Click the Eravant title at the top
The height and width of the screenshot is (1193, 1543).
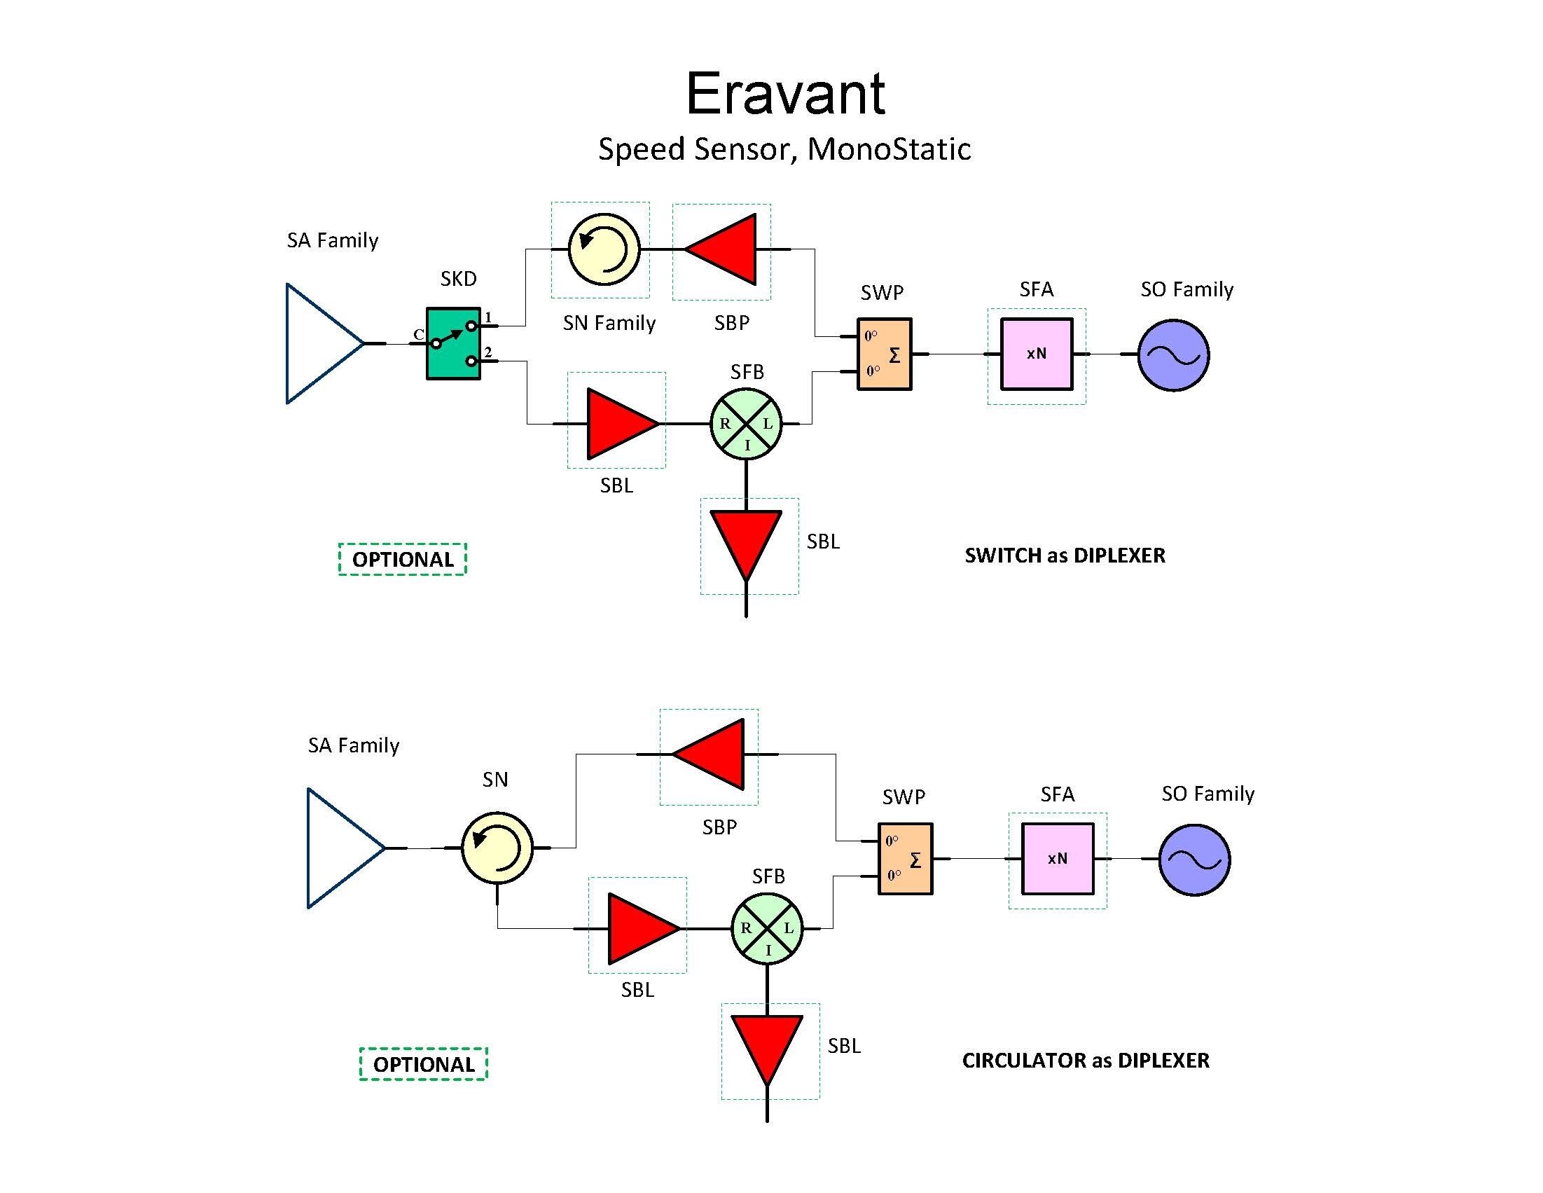pos(785,94)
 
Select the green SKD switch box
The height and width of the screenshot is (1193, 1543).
pos(454,343)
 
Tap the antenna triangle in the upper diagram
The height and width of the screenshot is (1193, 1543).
pos(318,343)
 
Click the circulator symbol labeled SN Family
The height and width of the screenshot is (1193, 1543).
pos(604,249)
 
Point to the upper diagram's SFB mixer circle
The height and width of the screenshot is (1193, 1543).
pos(746,424)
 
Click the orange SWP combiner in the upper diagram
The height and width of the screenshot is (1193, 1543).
pos(885,354)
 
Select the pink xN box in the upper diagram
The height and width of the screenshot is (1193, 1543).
pos(1037,354)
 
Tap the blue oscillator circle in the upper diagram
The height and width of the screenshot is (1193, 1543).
pos(1173,355)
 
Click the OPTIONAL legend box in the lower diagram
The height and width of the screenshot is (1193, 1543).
pos(423,1063)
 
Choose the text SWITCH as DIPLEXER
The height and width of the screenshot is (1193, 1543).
pos(1065,556)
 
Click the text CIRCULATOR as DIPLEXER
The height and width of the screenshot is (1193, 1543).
pos(1085,1060)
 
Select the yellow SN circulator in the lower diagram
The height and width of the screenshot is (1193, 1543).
pos(497,848)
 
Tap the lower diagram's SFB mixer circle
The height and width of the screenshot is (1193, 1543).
pos(767,929)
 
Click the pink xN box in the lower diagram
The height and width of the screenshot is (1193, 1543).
pos(1058,859)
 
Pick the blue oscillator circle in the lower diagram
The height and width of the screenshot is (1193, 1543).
pos(1195,860)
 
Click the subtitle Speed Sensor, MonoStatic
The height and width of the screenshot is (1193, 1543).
pos(784,149)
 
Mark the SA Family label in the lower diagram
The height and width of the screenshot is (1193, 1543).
pos(353,745)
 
